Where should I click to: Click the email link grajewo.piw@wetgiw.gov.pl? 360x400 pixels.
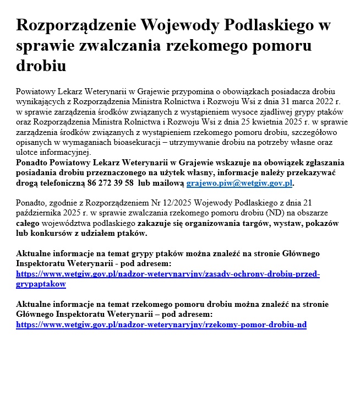(x=239, y=183)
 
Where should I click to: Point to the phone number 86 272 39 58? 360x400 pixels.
(x=107, y=183)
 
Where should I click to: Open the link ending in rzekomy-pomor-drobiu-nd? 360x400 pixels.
(x=161, y=325)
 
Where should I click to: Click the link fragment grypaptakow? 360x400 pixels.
(x=41, y=284)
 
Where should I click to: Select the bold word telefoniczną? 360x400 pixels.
(x=65, y=183)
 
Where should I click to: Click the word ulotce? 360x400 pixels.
(x=28, y=152)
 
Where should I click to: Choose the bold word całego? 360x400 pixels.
(x=28, y=224)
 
